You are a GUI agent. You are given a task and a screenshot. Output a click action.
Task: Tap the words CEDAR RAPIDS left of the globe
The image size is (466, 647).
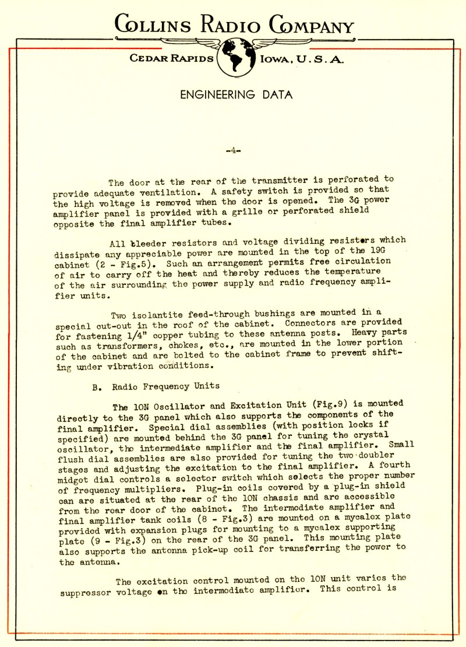click(x=171, y=59)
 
